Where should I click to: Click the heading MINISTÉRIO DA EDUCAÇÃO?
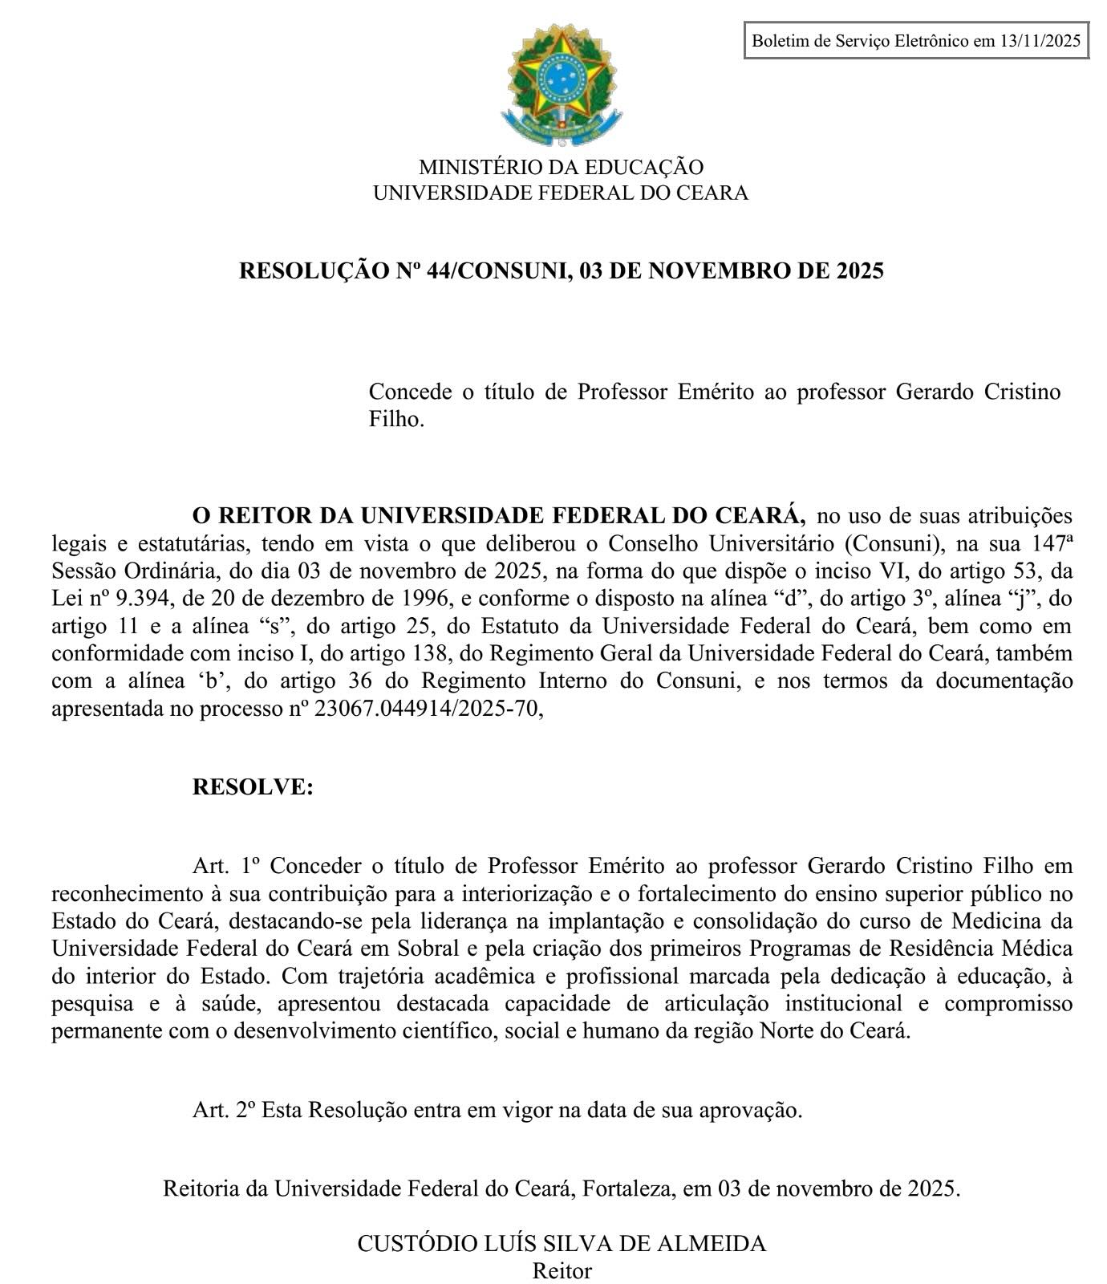pyautogui.click(x=561, y=168)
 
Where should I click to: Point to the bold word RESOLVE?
pyautogui.click(x=253, y=787)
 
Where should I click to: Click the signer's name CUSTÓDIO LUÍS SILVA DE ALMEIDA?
pyautogui.click(x=561, y=1244)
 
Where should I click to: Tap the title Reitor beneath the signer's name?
pyautogui.click(x=561, y=1271)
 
